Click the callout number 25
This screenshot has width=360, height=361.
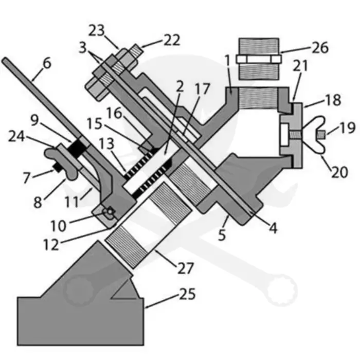187,294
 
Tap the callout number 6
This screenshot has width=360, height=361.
47,63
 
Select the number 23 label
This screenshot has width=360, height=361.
97,30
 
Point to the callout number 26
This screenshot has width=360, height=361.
320,48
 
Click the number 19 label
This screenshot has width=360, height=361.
347,128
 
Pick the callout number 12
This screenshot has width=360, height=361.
51,244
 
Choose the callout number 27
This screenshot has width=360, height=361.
186,268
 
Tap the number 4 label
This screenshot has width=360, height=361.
273,228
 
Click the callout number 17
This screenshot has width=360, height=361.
202,88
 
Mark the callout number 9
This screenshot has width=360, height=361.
34,120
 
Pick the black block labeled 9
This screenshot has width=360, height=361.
77,149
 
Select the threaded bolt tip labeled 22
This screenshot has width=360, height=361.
136,52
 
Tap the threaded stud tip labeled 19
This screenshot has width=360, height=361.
321,135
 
